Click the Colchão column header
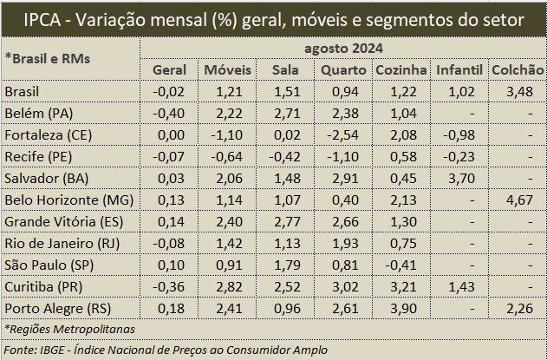point(516,69)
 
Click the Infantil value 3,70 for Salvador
point(457,177)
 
